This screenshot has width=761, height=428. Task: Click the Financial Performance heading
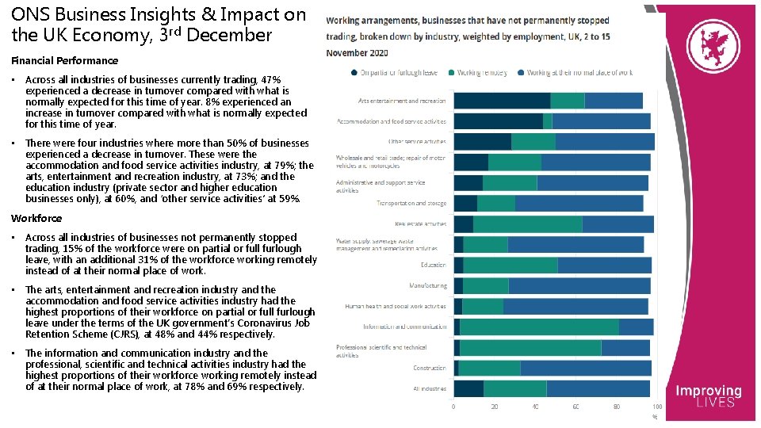coord(64,61)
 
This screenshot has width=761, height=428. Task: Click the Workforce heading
coord(36,218)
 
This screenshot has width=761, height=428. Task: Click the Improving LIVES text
coord(708,396)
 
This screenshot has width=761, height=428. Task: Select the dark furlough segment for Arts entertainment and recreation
coord(502,101)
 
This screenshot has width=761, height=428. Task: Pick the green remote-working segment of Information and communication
coord(539,327)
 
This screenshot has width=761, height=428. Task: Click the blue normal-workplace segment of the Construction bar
coord(585,368)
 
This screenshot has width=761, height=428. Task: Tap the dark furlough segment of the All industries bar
coord(468,388)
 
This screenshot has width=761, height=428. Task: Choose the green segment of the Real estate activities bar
coord(528,224)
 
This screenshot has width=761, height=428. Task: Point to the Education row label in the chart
coord(433,265)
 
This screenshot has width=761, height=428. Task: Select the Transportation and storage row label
coord(411,203)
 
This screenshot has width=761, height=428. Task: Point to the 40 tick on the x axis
coord(535,407)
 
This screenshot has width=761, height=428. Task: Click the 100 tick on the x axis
coord(657,407)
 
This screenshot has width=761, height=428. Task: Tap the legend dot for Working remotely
coord(451,73)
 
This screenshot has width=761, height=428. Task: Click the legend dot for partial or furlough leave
coord(354,73)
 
